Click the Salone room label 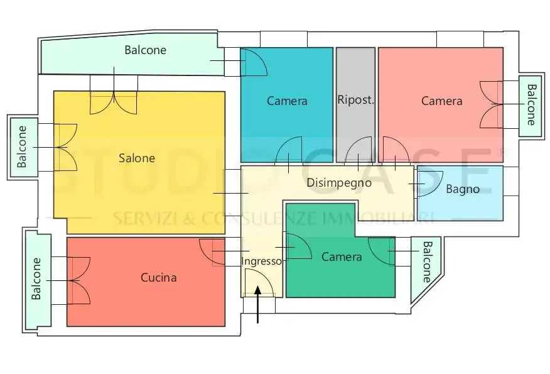pos(137,158)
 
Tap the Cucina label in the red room pos(159,277)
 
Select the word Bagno pos(463,190)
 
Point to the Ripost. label pos(355,100)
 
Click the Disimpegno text pos(339,183)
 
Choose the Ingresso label pos(261,261)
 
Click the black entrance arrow pos(258,304)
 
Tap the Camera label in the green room pos(342,256)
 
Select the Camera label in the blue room pos(287,101)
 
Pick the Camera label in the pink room pos(441,101)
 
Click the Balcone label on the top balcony pos(145,50)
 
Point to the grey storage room pos(355,105)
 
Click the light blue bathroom pos(460,194)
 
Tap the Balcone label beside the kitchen pos(36,279)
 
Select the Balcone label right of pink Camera pos(531,104)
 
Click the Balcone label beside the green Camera pos(426,262)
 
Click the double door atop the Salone pos(114,102)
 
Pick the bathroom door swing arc pos(430,184)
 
